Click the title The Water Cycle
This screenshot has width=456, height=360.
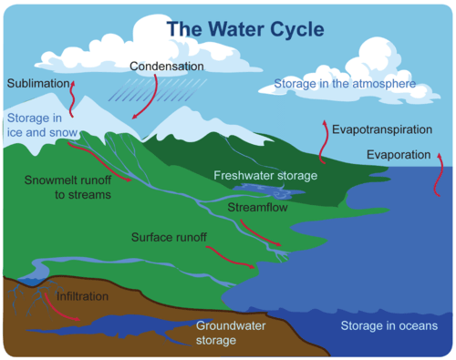244,27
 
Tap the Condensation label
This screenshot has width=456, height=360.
167,67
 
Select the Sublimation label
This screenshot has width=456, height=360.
38,84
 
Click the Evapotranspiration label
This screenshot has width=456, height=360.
381,129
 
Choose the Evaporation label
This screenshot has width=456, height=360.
398,154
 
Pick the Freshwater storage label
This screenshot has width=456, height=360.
265,174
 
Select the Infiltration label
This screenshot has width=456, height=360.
82,297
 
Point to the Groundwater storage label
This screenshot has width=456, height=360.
229,333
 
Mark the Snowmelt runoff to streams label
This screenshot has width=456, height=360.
67,187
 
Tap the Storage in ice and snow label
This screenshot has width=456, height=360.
35,125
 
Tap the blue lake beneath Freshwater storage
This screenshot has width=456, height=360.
261,190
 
